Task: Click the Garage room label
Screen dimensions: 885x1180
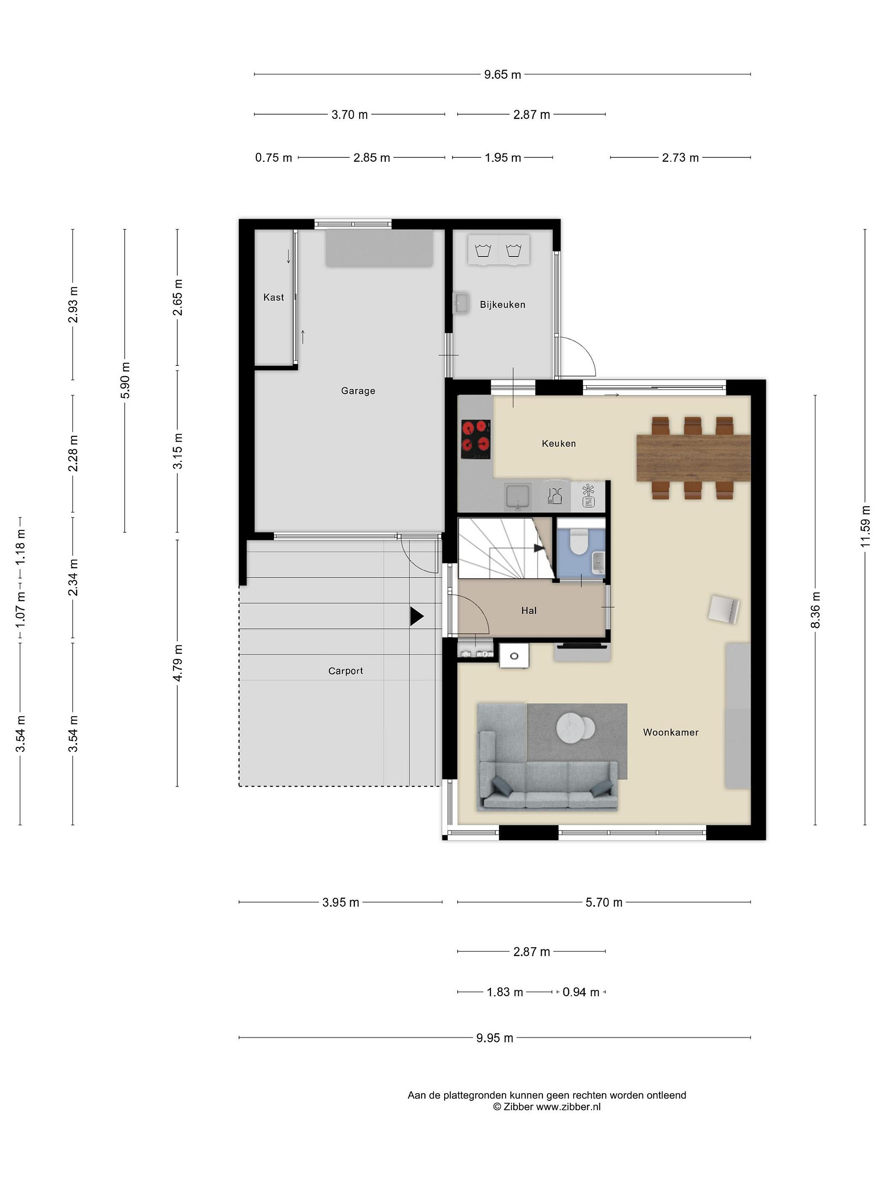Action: coord(358,391)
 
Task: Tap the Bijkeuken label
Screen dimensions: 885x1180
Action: coord(502,304)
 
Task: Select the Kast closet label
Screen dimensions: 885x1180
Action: coord(274,297)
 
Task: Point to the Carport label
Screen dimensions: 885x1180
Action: coord(346,671)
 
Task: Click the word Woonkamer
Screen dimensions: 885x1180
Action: coord(671,733)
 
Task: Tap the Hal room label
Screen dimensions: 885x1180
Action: coord(529,611)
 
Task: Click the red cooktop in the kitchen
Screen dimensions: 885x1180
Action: coord(476,440)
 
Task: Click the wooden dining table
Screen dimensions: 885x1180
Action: coord(693,458)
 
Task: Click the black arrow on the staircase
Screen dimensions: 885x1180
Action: coord(539,548)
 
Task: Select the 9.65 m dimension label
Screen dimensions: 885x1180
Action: coord(502,75)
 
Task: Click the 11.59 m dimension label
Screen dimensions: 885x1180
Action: coord(865,526)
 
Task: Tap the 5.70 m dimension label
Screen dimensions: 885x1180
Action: coord(604,903)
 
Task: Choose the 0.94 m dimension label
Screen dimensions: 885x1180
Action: coord(581,992)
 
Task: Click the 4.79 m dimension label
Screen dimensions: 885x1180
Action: coord(178,663)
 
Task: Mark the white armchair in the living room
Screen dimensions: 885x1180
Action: coord(724,609)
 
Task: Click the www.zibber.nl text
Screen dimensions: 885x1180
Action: coord(568,1107)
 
